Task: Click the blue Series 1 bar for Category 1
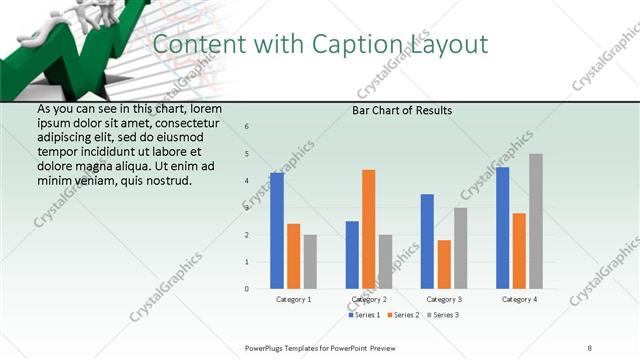[277, 231]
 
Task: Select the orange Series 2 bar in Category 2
[368, 229]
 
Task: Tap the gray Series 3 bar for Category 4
[536, 221]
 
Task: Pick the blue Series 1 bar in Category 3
[427, 241]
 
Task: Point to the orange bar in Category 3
[444, 264]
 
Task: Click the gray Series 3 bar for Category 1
[310, 262]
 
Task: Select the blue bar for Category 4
[502, 228]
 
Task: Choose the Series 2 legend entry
[404, 315]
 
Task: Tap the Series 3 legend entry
[443, 315]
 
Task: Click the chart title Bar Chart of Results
[401, 110]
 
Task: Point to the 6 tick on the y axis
[247, 127]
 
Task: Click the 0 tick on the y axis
[247, 289]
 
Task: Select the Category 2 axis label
[369, 299]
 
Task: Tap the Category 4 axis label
[519, 299]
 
